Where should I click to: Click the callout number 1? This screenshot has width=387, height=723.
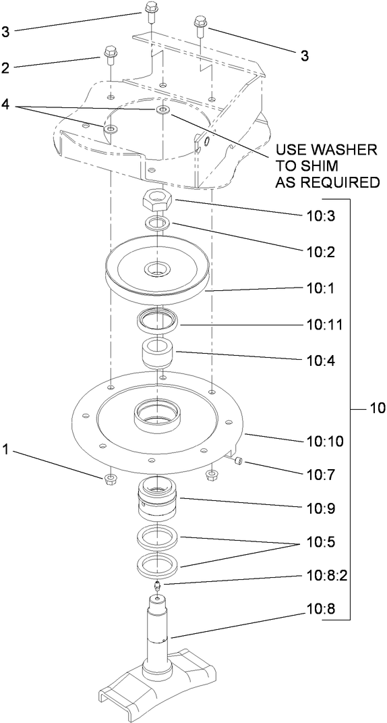pyautogui.click(x=7, y=448)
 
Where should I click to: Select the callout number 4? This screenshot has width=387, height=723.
pyautogui.click(x=7, y=106)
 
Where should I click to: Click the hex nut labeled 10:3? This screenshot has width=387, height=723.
pyautogui.click(x=158, y=200)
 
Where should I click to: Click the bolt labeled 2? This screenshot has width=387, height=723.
pyautogui.click(x=108, y=55)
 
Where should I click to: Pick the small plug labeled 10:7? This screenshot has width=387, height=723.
pyautogui.click(x=239, y=460)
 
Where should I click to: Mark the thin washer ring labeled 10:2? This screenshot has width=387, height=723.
pyautogui.click(x=157, y=224)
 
